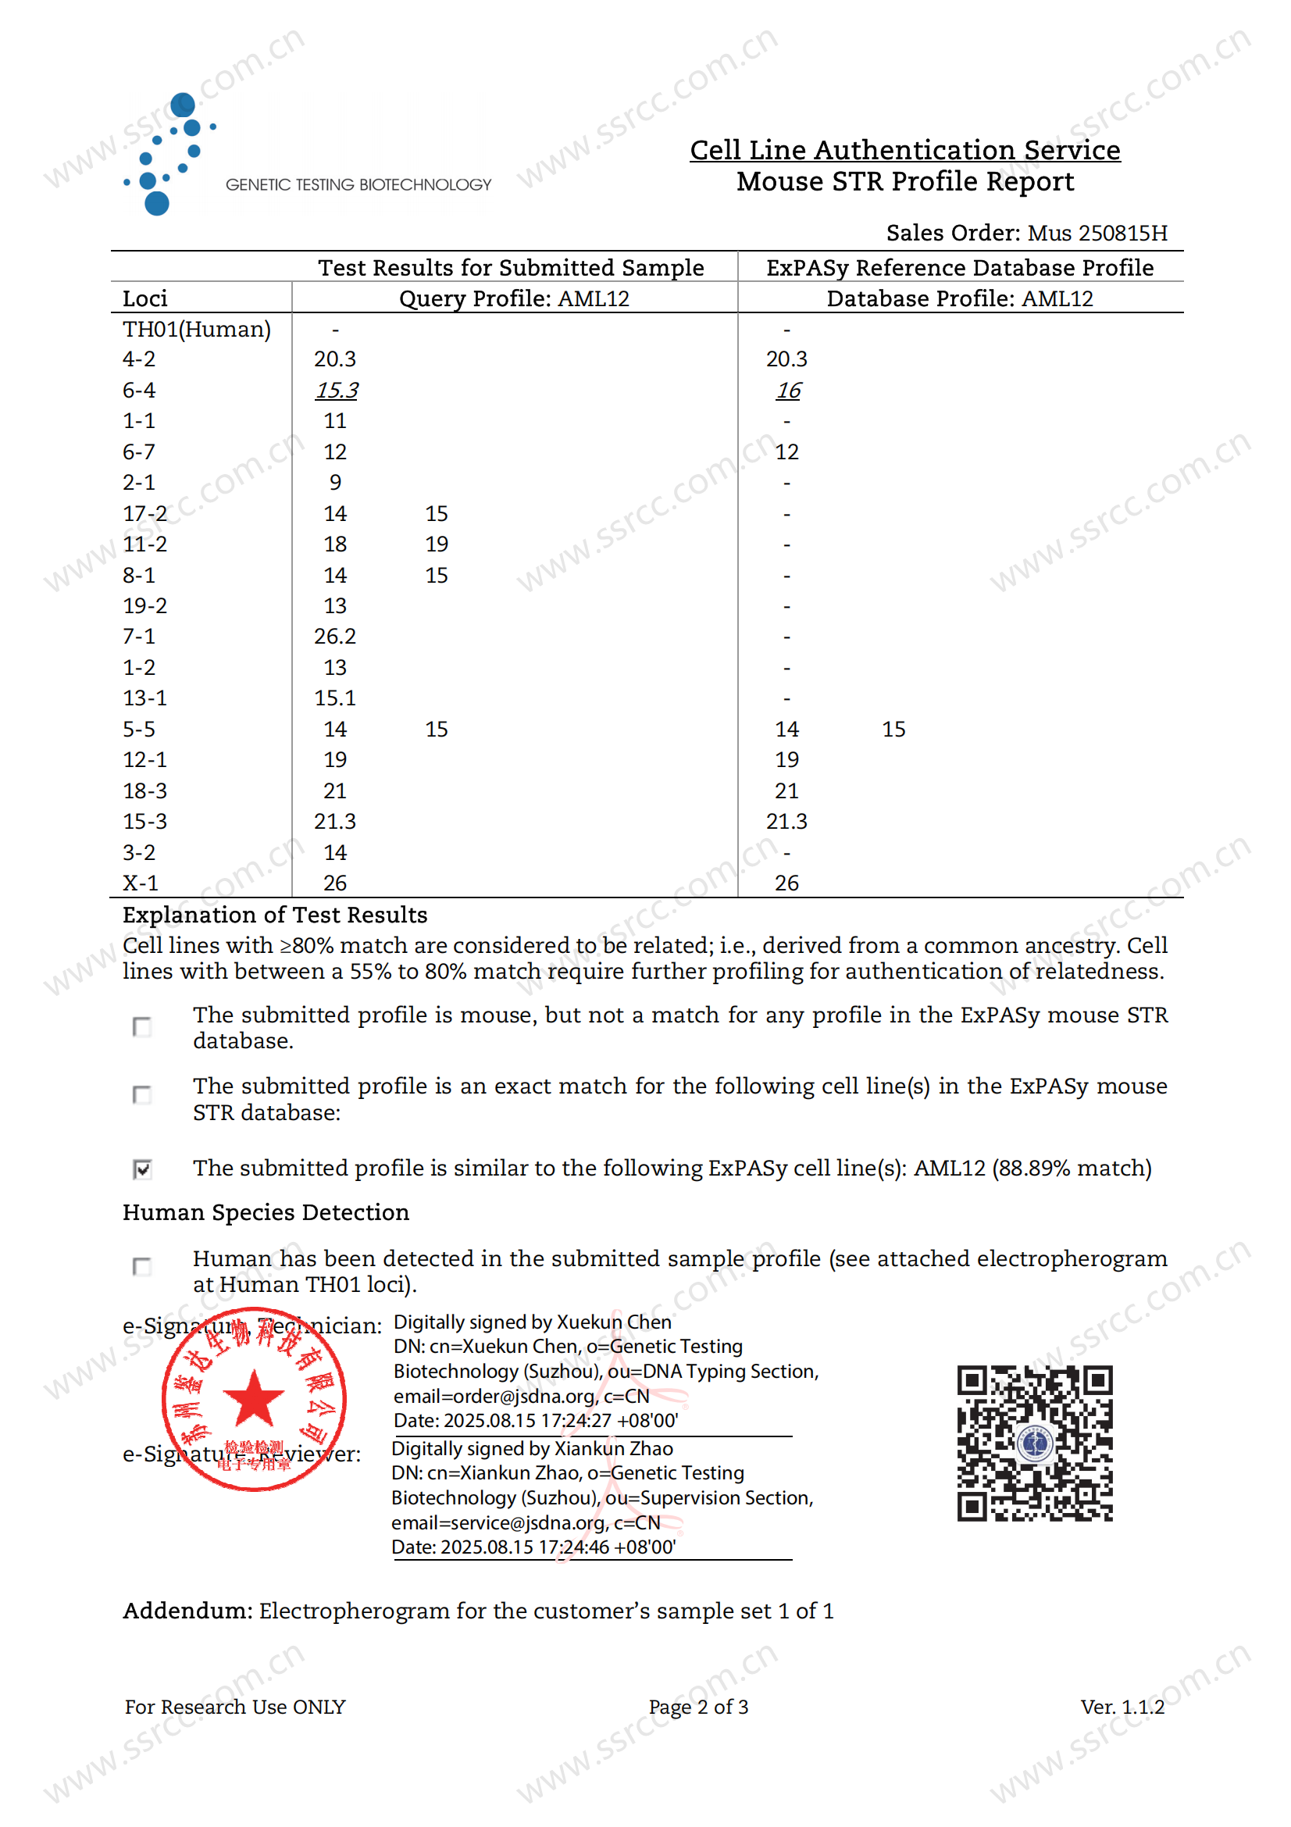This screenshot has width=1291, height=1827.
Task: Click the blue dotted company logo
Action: [x=169, y=154]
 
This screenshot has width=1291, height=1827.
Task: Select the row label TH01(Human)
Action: [x=197, y=330]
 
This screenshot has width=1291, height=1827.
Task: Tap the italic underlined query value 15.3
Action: [x=336, y=391]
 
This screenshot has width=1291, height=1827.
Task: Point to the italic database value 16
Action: [x=787, y=391]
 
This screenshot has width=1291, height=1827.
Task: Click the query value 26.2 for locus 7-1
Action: [x=335, y=637]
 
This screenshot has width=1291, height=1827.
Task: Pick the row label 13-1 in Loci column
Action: [x=144, y=698]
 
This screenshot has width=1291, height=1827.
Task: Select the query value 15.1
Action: [x=335, y=698]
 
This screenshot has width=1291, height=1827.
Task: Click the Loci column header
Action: [x=144, y=299]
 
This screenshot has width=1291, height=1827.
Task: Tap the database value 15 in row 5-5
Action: [x=893, y=730]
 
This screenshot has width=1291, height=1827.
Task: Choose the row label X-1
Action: [x=140, y=883]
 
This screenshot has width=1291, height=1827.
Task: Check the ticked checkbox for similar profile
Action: [x=142, y=1169]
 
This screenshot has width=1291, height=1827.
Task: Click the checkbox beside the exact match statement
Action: [x=142, y=1095]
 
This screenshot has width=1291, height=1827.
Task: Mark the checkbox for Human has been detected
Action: [x=142, y=1266]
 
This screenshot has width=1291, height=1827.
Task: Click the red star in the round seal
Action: [x=254, y=1398]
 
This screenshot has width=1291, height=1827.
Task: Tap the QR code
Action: [x=1034, y=1443]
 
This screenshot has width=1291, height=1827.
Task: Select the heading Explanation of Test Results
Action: [x=274, y=915]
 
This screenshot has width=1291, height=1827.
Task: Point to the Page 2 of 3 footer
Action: [x=697, y=1707]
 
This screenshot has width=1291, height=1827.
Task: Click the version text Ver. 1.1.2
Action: [x=1122, y=1707]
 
